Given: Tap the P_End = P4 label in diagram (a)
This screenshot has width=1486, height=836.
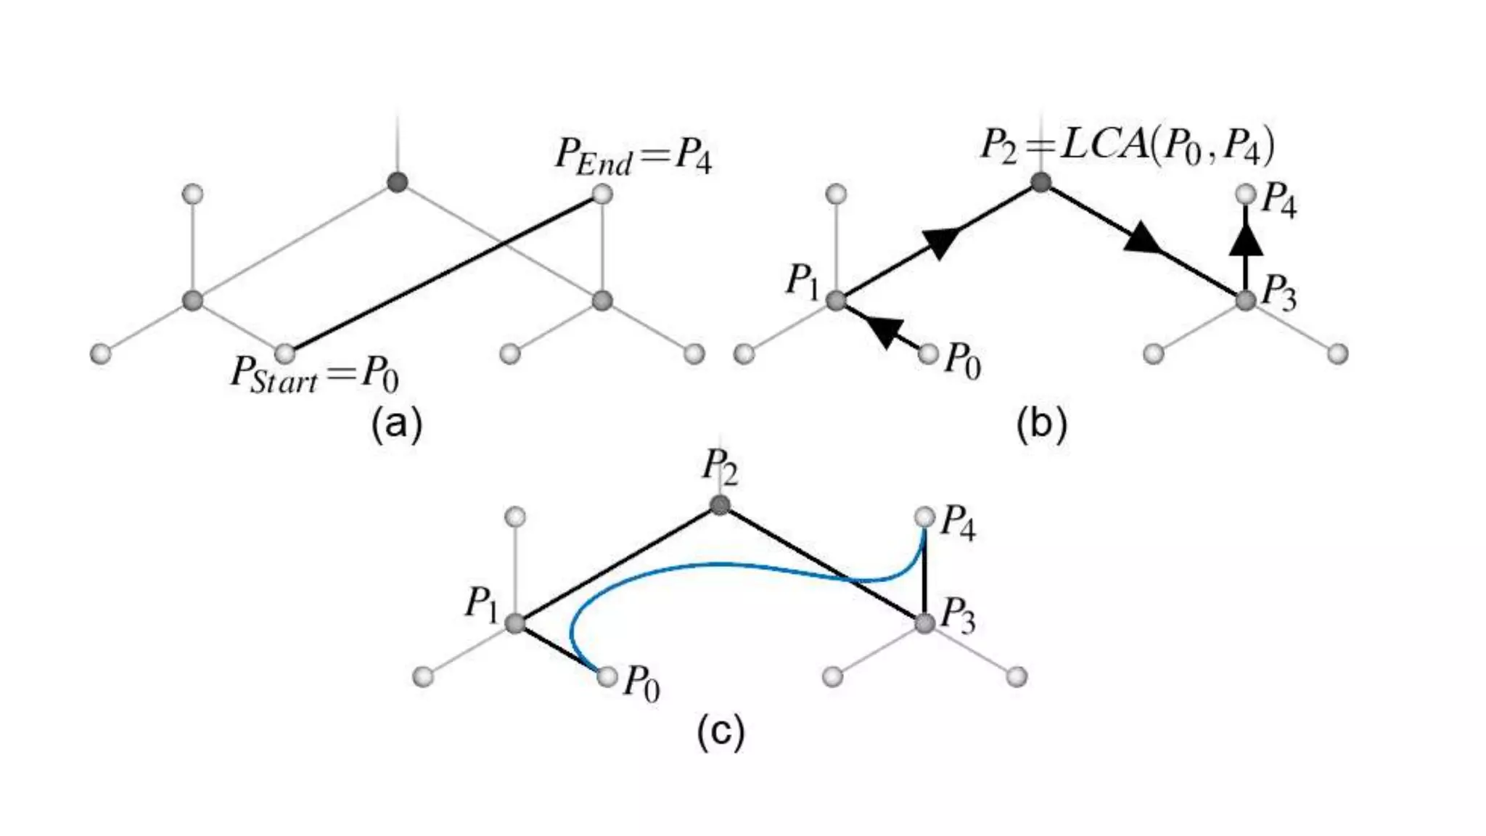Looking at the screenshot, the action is (x=633, y=157).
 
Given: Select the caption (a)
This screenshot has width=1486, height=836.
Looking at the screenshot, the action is (x=396, y=424).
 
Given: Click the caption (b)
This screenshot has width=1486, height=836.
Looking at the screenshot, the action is (x=1041, y=424).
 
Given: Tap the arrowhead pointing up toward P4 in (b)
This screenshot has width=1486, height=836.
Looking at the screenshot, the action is (x=1246, y=240).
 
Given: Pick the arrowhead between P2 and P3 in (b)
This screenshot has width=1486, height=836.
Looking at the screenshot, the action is (x=1142, y=239).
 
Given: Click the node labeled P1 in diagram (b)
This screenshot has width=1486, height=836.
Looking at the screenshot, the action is (x=836, y=300).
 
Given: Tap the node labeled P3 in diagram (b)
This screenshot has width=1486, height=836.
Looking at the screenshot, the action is (x=1246, y=300).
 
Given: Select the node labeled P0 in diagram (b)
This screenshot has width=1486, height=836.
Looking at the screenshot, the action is (x=928, y=354).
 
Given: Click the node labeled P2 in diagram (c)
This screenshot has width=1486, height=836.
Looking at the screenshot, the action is (x=719, y=505).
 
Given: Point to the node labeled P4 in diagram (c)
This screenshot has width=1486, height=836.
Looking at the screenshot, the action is (x=924, y=517).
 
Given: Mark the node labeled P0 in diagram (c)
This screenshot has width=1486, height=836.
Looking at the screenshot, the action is (x=607, y=677).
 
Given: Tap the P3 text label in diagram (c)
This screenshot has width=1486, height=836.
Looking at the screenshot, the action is (x=958, y=618).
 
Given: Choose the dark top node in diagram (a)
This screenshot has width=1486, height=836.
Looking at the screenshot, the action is (x=397, y=181).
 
